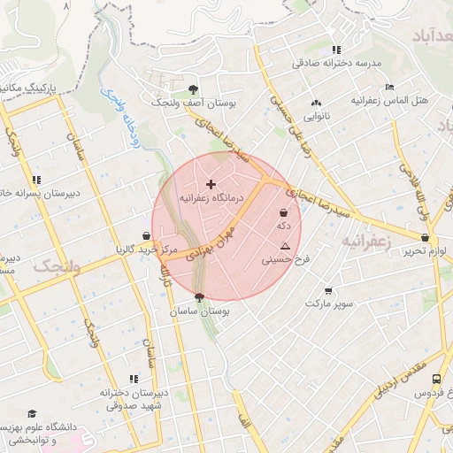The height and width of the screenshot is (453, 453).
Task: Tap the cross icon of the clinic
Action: point(211,184)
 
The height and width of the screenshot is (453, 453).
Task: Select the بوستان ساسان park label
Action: point(201,312)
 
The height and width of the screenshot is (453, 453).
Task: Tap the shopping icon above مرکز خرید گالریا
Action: point(145,236)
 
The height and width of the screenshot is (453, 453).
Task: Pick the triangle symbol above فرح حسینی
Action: point(285,243)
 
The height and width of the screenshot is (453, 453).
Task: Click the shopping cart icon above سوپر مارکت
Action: point(329,290)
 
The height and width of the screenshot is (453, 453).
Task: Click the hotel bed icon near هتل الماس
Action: point(388,88)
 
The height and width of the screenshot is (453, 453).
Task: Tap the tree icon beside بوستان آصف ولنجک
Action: point(194,89)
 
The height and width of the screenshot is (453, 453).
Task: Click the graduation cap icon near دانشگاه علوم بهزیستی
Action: point(33,414)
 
